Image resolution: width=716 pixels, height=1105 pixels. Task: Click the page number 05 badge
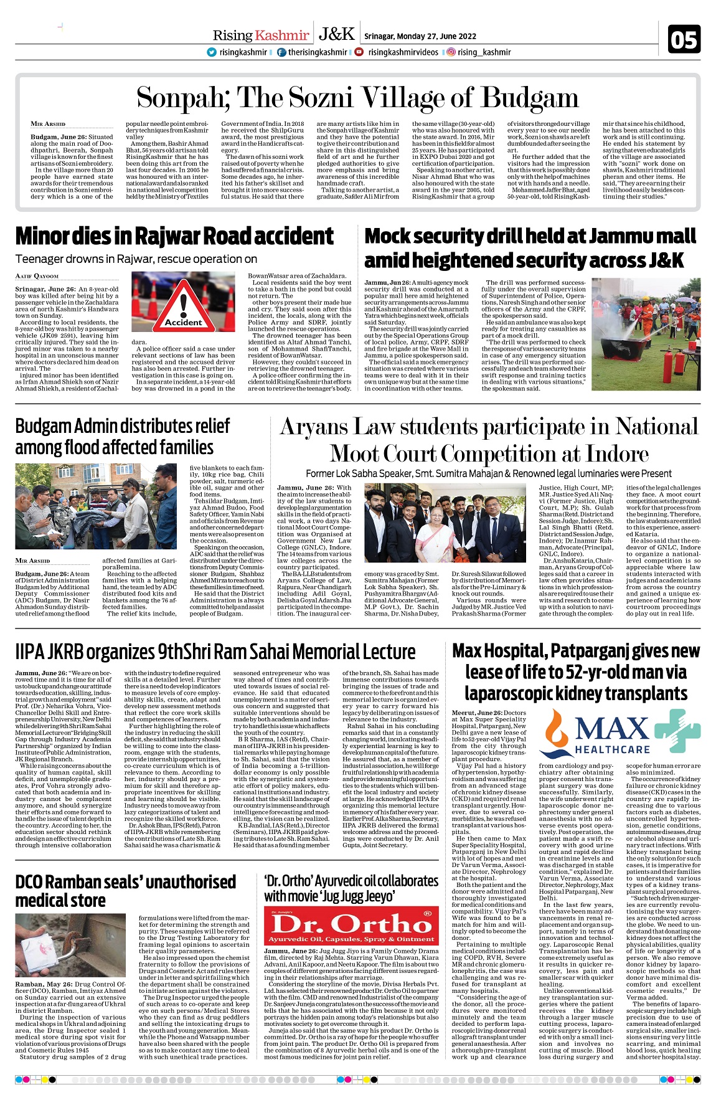coord(684,40)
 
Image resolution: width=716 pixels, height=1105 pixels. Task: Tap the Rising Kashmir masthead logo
coord(260,36)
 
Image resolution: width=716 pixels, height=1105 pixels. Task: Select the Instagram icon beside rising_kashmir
coord(451,52)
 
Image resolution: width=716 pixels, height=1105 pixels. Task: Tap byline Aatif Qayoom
coord(37,276)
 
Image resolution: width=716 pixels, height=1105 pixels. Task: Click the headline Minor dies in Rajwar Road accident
coord(174,236)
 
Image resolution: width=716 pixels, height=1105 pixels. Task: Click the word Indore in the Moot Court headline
coord(614,453)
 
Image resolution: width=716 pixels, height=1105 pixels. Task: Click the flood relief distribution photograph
coord(97,506)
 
